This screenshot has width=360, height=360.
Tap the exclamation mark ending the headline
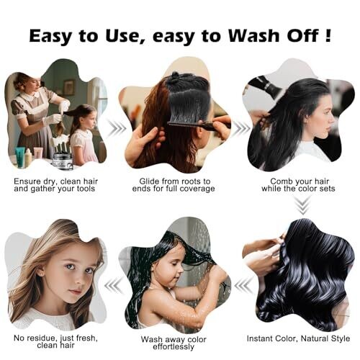[328, 35]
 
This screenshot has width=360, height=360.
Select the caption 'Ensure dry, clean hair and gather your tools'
[55, 185]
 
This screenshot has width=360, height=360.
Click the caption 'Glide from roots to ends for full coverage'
[174, 185]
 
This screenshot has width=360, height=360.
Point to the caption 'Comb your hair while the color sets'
[298, 185]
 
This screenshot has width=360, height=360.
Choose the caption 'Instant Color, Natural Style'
[298, 338]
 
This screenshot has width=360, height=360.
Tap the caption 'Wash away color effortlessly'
[174, 343]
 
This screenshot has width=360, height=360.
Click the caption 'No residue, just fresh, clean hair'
[55, 342]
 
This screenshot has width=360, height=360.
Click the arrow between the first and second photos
[117, 129]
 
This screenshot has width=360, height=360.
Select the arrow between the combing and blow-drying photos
[240, 129]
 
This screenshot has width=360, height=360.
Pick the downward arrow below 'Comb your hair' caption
[303, 206]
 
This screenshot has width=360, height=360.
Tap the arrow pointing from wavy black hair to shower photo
[243, 286]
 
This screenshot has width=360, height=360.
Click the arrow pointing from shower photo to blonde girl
[114, 286]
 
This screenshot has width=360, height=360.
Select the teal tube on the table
[19, 155]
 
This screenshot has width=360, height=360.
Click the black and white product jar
[62, 161]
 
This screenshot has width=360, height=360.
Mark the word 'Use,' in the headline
[125, 36]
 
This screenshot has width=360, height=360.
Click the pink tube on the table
[38, 153]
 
